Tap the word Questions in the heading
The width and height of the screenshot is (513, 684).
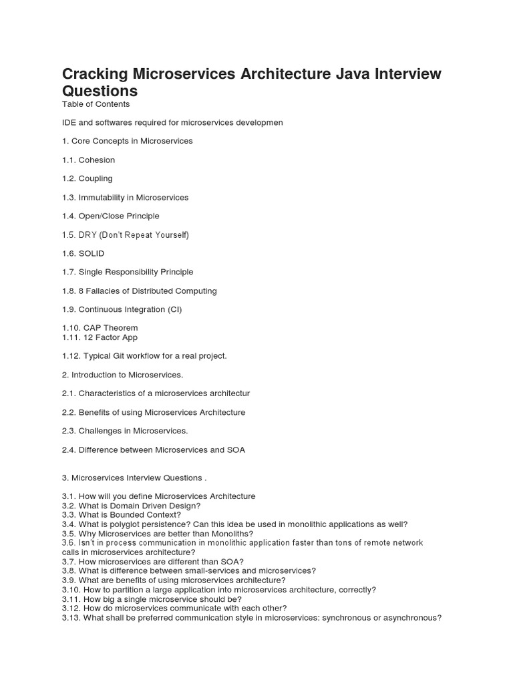point(100,91)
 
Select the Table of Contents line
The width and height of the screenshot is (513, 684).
point(96,104)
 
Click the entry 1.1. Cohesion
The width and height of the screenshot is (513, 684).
point(88,160)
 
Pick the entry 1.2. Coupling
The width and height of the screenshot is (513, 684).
point(87,179)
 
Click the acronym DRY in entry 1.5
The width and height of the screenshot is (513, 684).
point(88,235)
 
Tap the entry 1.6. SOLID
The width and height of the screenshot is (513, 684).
point(83,254)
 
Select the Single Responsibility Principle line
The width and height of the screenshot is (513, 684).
point(128,273)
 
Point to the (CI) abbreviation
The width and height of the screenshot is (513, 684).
point(173,310)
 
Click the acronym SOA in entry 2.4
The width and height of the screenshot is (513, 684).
point(236,450)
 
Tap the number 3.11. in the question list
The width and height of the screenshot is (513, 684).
point(71,599)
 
